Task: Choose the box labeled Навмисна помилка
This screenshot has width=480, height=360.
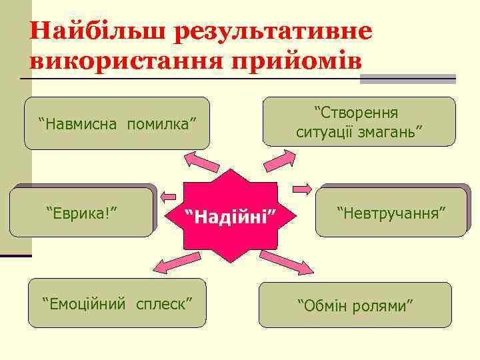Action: tap(117, 123)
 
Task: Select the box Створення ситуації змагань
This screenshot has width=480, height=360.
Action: tap(359, 121)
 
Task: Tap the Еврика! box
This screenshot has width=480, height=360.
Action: tap(83, 213)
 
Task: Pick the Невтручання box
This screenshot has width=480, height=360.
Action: tap(391, 213)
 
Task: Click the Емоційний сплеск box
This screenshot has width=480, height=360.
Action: tap(117, 303)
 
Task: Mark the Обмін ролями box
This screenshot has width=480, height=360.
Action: tap(355, 305)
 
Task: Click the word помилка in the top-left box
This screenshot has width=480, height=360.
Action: tap(163, 123)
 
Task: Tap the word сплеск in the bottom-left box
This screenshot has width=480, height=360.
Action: tap(163, 304)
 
